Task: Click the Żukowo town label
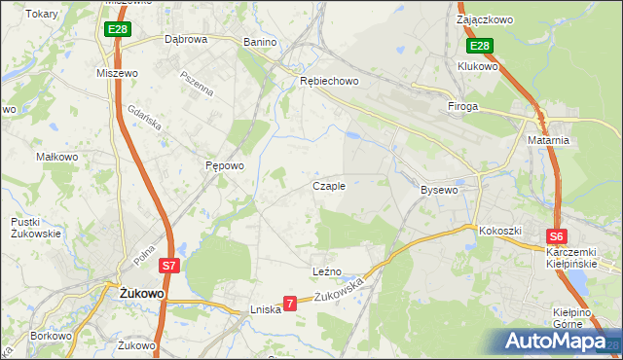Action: coord(140,293)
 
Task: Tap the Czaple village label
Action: coord(328,186)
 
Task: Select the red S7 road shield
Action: coord(168,265)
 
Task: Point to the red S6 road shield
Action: coord(556,235)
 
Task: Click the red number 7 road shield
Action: coord(289,305)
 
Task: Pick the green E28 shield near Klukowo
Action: coord(480,46)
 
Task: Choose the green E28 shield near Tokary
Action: coord(118,30)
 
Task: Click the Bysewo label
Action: coord(438,190)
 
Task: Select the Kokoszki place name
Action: coord(500,231)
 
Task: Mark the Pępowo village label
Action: coord(224,165)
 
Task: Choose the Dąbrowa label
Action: coord(186,40)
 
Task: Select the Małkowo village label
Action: coord(56,156)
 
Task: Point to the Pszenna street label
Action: coord(196,82)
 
